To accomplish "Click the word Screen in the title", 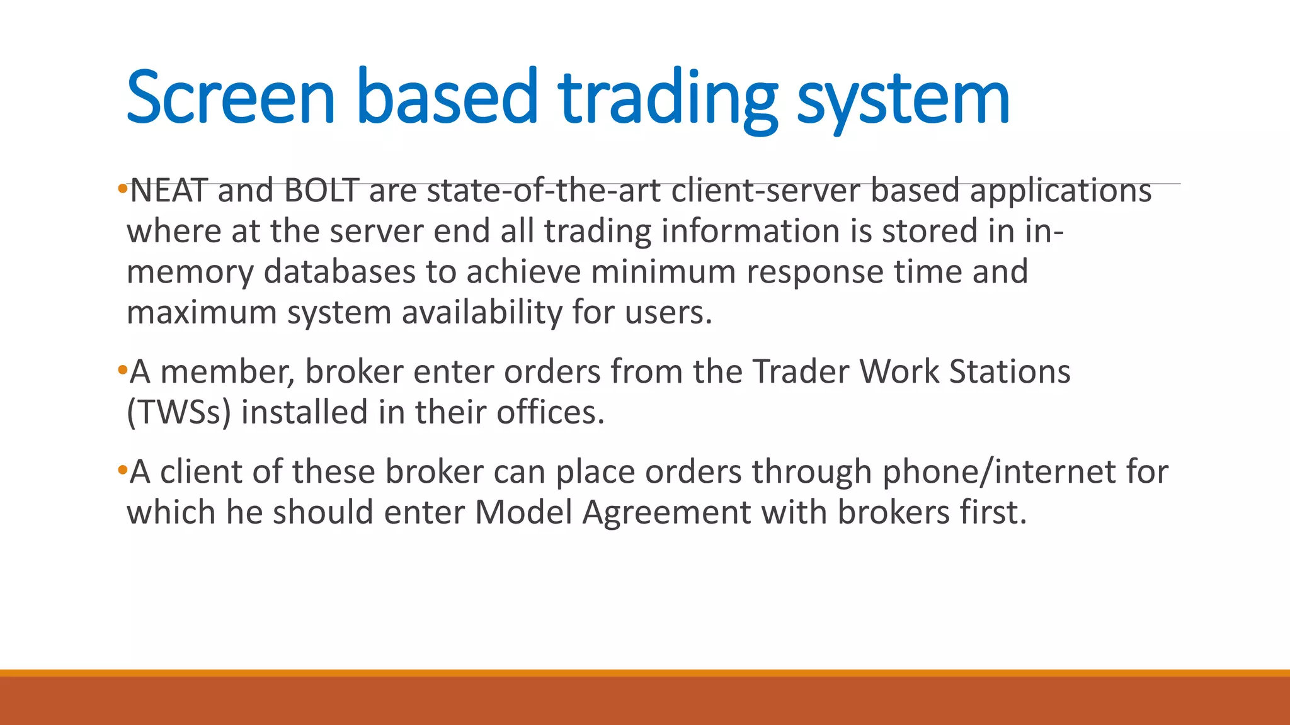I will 231,98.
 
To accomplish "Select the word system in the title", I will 903,101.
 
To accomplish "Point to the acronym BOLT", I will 322,191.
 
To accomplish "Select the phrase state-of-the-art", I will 544,191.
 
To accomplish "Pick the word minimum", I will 663,272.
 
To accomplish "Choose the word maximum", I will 202,312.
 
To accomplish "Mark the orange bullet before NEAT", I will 122,188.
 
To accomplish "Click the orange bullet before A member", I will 122,369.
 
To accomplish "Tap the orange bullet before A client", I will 122,469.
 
